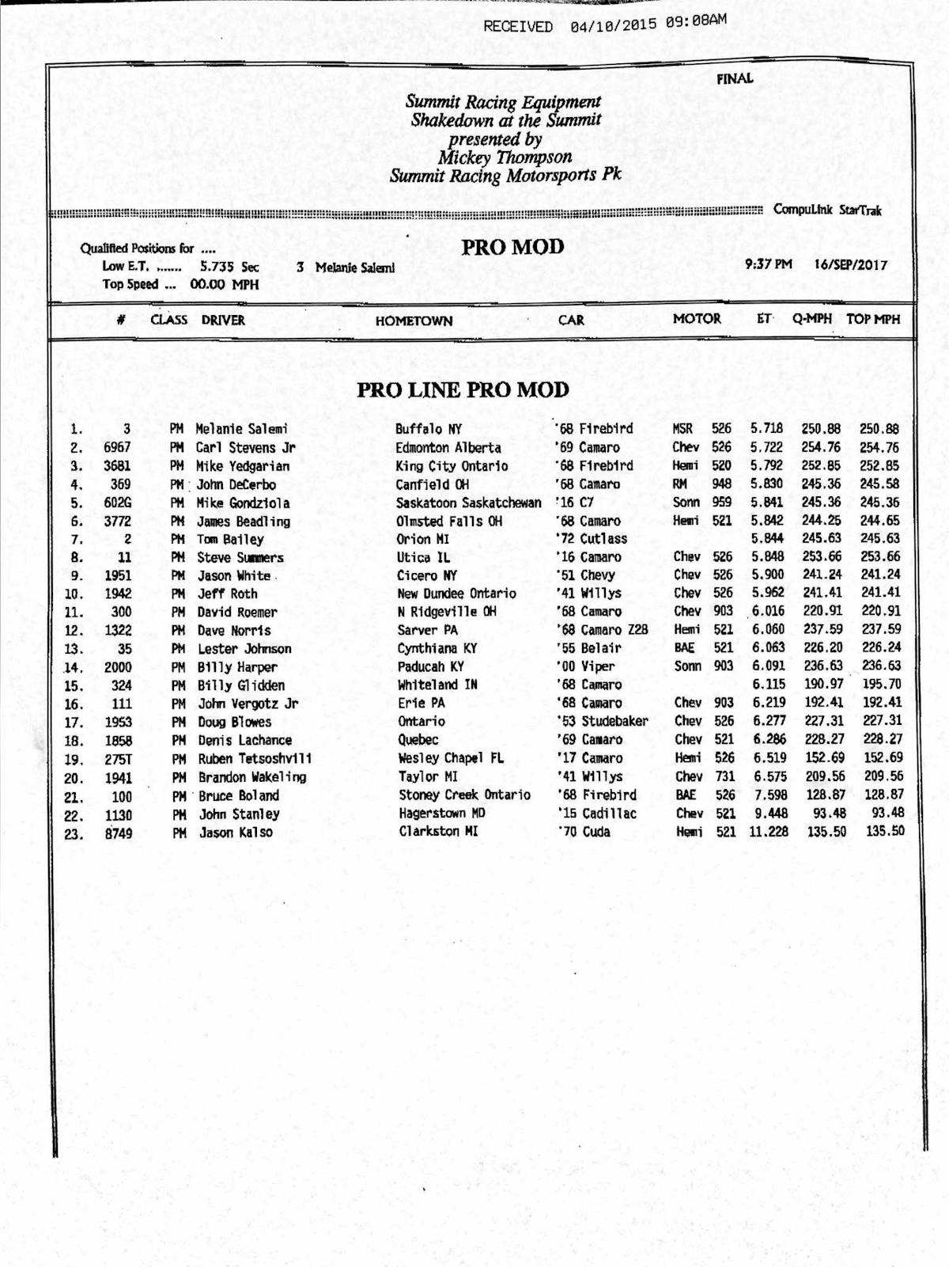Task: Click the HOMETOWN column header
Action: (x=414, y=321)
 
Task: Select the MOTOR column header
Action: (x=696, y=319)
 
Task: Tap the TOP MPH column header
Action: (x=873, y=320)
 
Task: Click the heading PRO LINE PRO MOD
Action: (x=463, y=390)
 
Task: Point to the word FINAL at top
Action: (x=735, y=79)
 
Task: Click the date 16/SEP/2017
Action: (x=850, y=266)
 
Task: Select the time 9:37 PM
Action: (x=768, y=265)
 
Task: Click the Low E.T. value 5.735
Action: (x=216, y=267)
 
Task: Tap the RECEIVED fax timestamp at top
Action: (x=604, y=25)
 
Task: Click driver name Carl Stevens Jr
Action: (x=245, y=448)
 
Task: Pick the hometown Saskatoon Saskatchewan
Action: (x=468, y=503)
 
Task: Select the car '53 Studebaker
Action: (x=603, y=722)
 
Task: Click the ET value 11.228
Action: (x=768, y=832)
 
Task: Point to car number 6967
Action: (x=117, y=448)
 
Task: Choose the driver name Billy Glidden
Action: (x=240, y=685)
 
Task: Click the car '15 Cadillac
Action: (x=596, y=814)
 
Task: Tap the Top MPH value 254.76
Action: (x=879, y=448)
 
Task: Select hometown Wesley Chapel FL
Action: (x=451, y=758)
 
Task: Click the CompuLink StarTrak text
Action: (x=826, y=211)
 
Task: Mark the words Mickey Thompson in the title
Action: (x=505, y=157)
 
